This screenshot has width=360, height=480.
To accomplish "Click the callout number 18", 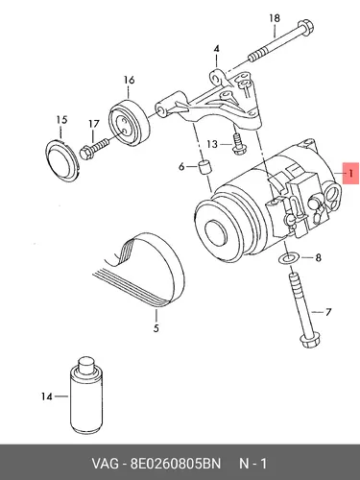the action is pyautogui.click(x=275, y=18).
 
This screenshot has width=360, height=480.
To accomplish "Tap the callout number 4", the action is pyautogui.click(x=217, y=49).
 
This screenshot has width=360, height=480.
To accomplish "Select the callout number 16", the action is pyautogui.click(x=129, y=80).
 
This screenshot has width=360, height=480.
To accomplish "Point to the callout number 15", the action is pyautogui.click(x=61, y=120).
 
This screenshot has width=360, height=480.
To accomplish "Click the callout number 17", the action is pyautogui.click(x=94, y=124).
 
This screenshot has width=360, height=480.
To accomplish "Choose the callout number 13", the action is pyautogui.click(x=212, y=144).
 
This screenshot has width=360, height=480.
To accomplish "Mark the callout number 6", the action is pyautogui.click(x=181, y=166).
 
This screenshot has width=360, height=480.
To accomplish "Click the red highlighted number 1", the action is pyautogui.click(x=351, y=174).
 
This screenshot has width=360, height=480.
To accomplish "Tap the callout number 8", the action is pyautogui.click(x=318, y=257).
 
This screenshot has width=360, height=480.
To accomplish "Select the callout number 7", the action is pyautogui.click(x=328, y=312).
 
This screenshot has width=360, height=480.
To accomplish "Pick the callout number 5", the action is pyautogui.click(x=156, y=328).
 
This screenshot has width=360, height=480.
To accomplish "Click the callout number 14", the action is pyautogui.click(x=47, y=396).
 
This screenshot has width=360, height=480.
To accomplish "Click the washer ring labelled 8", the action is pyautogui.click(x=288, y=258).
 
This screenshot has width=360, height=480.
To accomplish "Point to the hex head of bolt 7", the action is pyautogui.click(x=308, y=341).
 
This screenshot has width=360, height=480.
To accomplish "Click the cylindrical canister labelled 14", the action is pyautogui.click(x=84, y=396).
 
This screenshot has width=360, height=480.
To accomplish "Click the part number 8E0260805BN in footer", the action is pyautogui.click(x=176, y=464).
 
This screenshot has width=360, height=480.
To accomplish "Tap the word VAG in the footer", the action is pyautogui.click(x=106, y=464).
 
